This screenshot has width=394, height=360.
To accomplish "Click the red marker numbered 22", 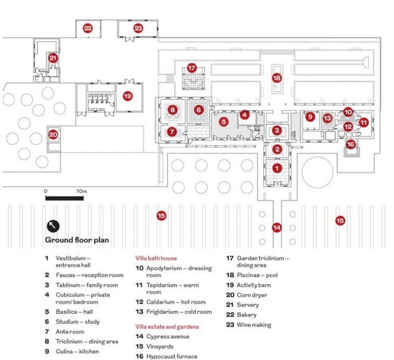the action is click(x=88, y=28).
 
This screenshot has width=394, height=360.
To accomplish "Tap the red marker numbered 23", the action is click(x=138, y=28).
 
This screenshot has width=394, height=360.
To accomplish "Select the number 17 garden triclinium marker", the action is click(x=191, y=68).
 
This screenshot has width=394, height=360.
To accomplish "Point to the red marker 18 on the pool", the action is click(x=277, y=78).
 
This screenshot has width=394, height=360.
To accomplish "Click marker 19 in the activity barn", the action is click(x=128, y=96).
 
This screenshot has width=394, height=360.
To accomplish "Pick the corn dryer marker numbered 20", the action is click(x=53, y=135).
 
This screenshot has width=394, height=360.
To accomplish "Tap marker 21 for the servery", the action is click(x=53, y=58).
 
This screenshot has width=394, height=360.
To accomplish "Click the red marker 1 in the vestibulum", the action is click(x=277, y=168).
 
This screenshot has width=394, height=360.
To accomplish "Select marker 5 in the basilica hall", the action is click(x=223, y=122).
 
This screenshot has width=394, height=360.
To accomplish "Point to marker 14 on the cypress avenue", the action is click(x=277, y=228).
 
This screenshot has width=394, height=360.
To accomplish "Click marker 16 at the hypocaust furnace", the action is click(x=350, y=144).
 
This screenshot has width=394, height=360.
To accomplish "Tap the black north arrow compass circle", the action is click(x=53, y=226).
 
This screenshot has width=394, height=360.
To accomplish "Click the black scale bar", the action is click(x=64, y=198).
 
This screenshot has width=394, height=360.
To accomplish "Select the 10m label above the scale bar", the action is click(x=81, y=191).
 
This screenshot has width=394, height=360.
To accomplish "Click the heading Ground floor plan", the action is click(x=77, y=240).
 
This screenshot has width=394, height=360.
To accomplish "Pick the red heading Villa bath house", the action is click(x=156, y=258).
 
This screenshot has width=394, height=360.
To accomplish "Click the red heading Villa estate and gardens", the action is click(x=167, y=327).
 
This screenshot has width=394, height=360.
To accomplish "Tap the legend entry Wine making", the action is click(x=254, y=325).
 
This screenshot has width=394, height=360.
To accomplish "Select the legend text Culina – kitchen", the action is click(x=77, y=352).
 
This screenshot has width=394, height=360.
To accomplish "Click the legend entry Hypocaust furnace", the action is click(x=172, y=356).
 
